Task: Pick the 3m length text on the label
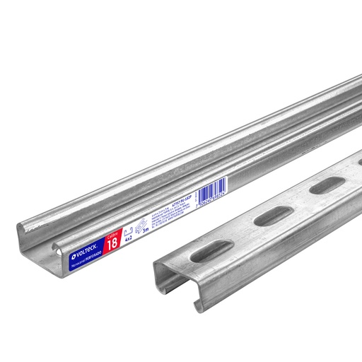[145, 230]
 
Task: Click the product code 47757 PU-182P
[170, 203]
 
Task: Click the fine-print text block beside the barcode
[177, 212]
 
